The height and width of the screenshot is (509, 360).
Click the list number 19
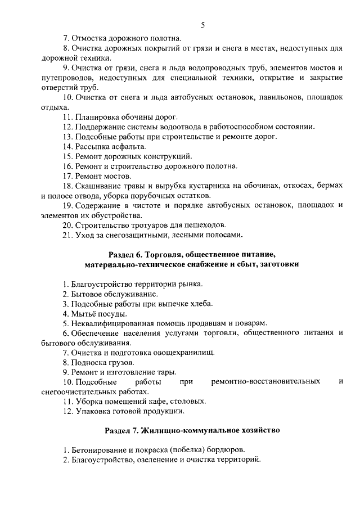click(x=67, y=205)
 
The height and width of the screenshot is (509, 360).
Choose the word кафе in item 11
click(x=154, y=402)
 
